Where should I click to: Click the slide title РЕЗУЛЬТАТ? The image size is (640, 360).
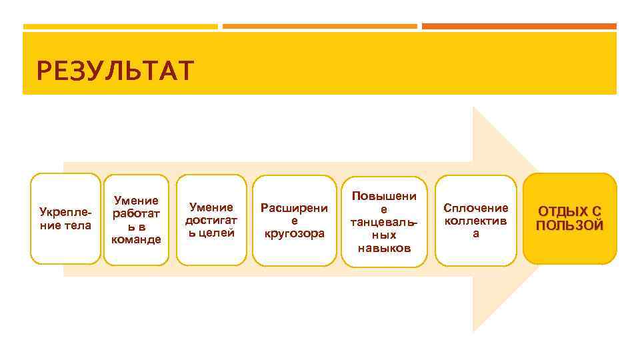point(115,69)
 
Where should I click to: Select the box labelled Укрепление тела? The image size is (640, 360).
point(65,219)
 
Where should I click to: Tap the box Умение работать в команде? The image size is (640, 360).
point(137,219)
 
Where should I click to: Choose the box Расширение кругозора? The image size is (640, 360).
point(294,220)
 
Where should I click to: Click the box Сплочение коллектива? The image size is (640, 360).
point(476,219)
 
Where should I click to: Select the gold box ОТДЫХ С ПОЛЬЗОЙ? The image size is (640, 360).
point(570,219)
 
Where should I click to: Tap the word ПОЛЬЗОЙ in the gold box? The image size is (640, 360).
point(570,226)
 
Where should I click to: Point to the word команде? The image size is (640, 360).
point(137,239)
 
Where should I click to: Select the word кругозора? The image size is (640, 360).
point(294,233)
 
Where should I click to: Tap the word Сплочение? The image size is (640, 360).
point(476,208)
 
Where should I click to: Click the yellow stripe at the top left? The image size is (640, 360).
point(120,27)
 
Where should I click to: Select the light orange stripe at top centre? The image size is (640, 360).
point(319,27)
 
